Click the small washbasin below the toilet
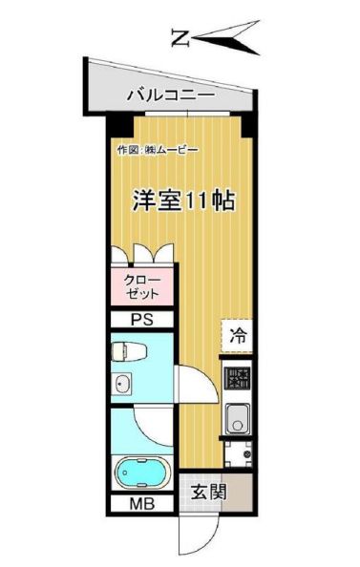pos(121,386)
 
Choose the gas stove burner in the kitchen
pos(236,379)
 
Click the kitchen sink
pos(236,417)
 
